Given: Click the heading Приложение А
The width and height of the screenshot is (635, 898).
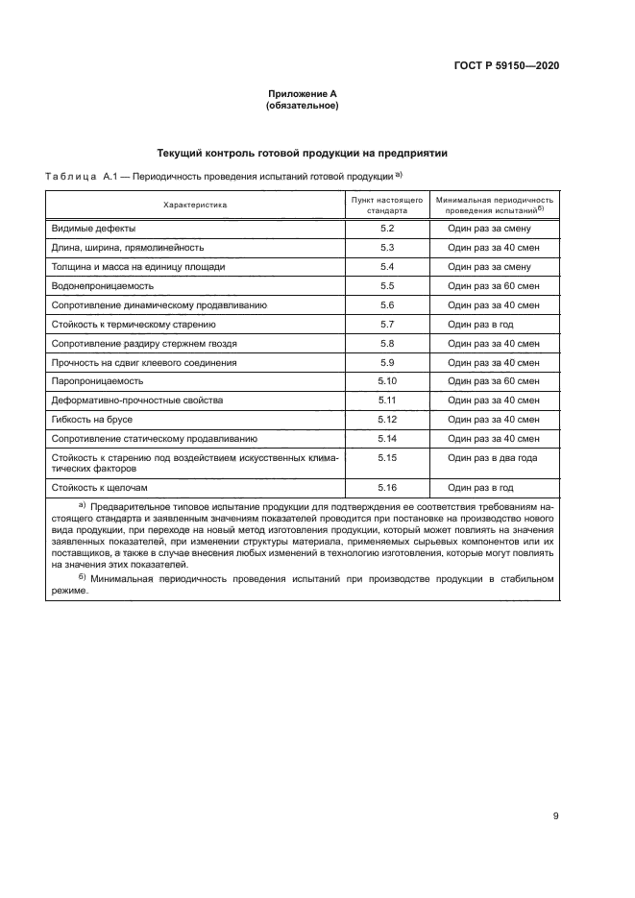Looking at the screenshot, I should [302, 94].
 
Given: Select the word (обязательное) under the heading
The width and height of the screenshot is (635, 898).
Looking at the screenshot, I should [302, 106].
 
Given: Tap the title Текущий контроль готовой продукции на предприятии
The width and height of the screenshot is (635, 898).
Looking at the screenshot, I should [301, 154].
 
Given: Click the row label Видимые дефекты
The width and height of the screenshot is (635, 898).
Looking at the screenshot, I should [93, 229].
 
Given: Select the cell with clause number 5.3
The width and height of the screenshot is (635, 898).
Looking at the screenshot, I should [387, 248].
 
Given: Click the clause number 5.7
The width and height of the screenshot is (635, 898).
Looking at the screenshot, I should [387, 324].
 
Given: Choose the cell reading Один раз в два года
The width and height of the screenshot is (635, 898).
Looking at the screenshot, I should [492, 458].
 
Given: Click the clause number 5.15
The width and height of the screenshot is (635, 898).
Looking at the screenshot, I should [387, 458].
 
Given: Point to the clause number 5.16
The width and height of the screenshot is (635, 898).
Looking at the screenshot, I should [387, 488].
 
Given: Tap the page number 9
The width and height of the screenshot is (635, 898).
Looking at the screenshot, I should [555, 817].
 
